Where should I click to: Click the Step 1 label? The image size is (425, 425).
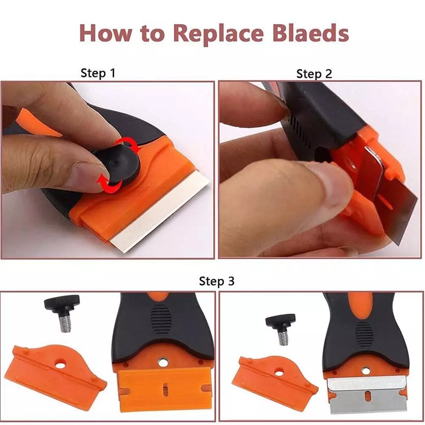click(x=98, y=73)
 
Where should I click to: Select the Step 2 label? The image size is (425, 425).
click(x=314, y=74)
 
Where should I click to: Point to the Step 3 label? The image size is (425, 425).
click(x=217, y=281)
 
